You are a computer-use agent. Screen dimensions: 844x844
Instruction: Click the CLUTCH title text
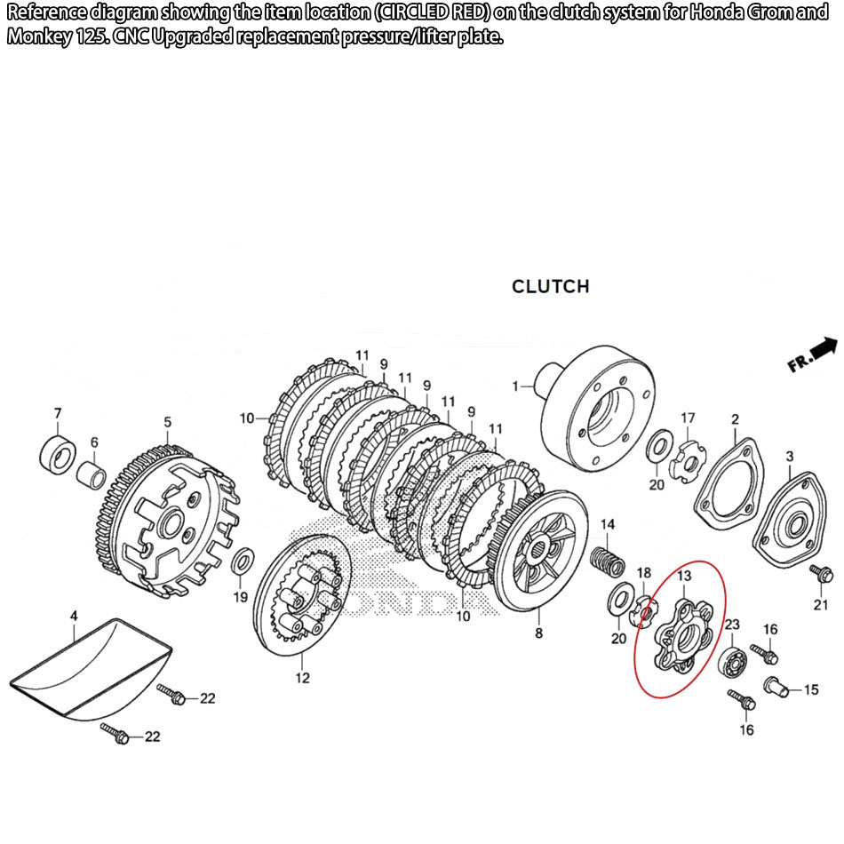pos(550,286)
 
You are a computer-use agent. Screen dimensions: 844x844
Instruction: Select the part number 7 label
pos(58,413)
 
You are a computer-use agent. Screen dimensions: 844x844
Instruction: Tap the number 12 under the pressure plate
pos(303,678)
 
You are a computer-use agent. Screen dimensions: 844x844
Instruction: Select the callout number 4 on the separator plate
pos(75,615)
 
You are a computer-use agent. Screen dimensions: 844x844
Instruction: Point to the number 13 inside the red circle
pos(683,577)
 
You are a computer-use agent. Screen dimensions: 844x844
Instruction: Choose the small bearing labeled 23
pos(732,661)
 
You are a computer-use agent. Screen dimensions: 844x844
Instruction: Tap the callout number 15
pos(811,689)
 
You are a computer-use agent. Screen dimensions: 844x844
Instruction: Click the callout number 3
pos(789,456)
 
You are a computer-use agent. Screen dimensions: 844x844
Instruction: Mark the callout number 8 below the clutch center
pos(538,633)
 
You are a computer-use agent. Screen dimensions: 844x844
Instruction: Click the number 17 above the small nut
pos(688,418)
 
